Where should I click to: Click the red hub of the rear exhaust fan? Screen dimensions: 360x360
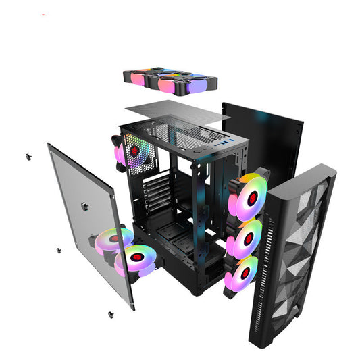tap(134, 149)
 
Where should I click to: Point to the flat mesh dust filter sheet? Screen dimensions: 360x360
tap(178, 113)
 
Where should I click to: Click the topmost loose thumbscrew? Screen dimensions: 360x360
tap(28, 157)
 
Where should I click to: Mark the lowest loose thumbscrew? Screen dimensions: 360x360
tap(109, 313)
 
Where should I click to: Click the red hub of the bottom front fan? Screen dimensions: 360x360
tap(245, 274)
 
